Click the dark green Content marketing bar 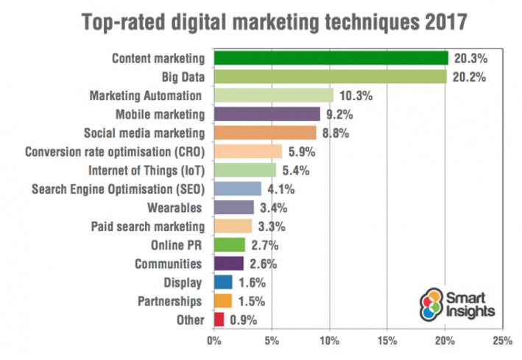click(x=330, y=58)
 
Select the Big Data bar click(x=330, y=77)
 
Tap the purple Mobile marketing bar click(x=267, y=114)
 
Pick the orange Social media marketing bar click(x=264, y=133)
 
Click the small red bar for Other click(x=219, y=319)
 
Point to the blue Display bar click(x=222, y=281)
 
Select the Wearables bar click(x=233, y=207)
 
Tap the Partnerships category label click(x=170, y=300)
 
